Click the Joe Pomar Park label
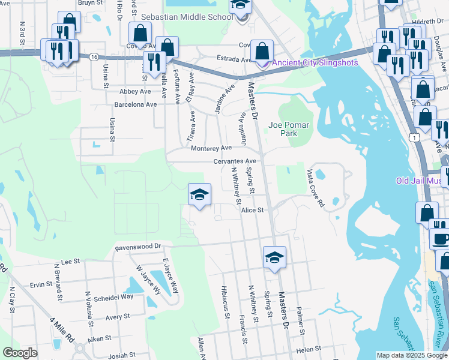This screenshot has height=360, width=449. pos(283,129)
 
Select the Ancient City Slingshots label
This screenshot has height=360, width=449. pos(315,63)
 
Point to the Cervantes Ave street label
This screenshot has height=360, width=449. pos(235,161)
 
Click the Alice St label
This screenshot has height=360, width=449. pos(253,210)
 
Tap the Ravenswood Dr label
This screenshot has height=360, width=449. pos(138,247)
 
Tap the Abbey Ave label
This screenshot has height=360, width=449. pos(134,91)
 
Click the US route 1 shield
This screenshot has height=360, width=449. pos(415,137)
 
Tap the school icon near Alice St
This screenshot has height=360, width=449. pos(199,194)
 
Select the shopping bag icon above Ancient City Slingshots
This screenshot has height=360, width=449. pos(262,50)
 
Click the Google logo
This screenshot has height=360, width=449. pos(20,353)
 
